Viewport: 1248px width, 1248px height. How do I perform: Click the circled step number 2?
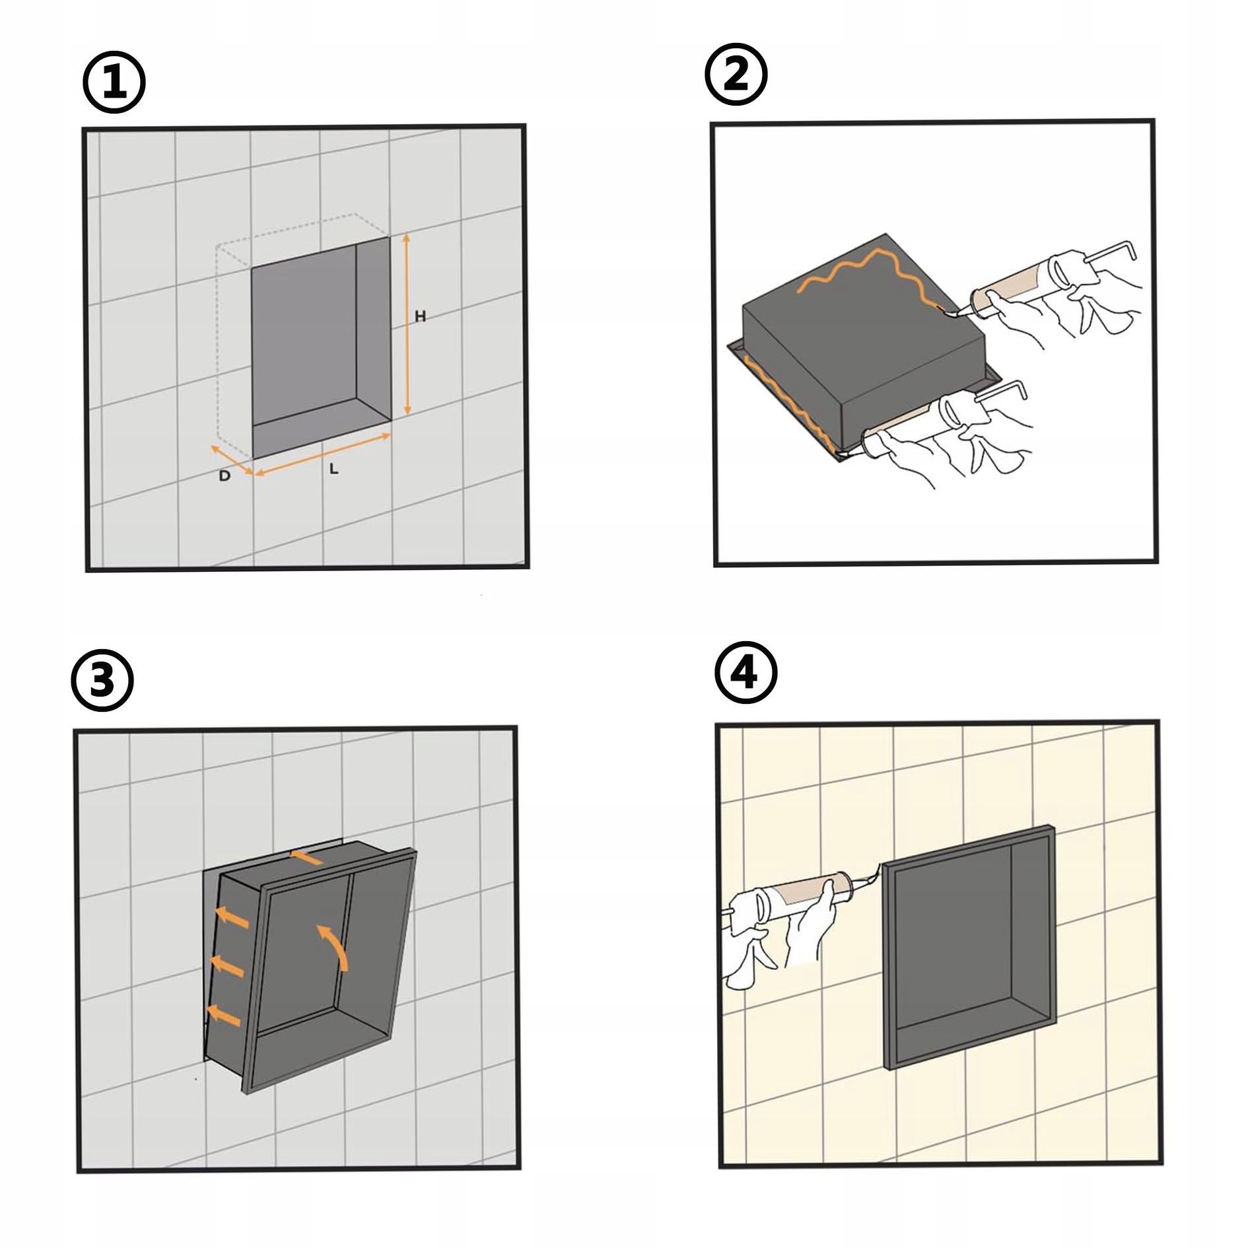(736, 75)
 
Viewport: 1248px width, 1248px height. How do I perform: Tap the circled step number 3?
(102, 680)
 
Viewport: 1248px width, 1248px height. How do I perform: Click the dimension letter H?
(420, 317)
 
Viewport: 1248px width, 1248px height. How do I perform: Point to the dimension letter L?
(334, 469)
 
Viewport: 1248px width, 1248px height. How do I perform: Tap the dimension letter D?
(225, 475)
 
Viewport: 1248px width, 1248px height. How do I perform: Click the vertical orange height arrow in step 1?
(407, 324)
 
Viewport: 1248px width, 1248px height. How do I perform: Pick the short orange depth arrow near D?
(231, 460)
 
